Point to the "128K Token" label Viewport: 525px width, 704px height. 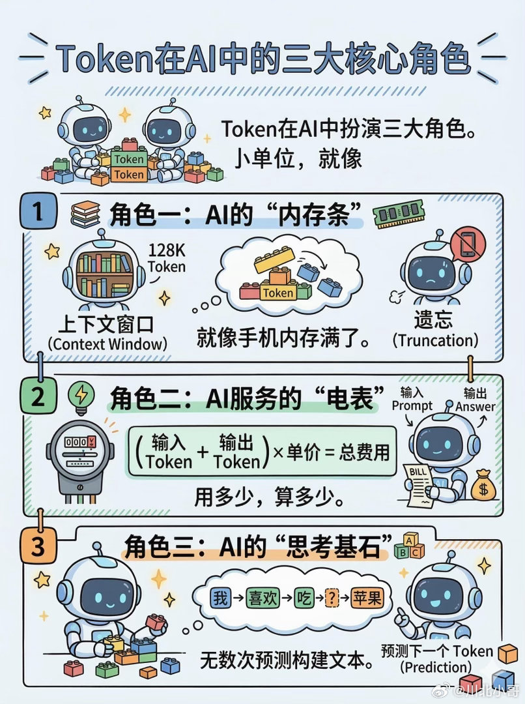(167, 258)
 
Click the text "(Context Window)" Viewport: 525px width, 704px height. (108, 343)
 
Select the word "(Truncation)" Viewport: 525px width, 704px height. (435, 340)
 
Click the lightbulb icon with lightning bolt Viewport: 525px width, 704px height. (81, 397)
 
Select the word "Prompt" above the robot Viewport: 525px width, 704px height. (412, 405)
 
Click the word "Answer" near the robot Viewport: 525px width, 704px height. (475, 407)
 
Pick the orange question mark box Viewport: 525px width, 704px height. (332, 598)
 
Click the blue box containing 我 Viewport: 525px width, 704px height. (220, 598)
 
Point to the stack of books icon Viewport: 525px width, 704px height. (85, 214)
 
